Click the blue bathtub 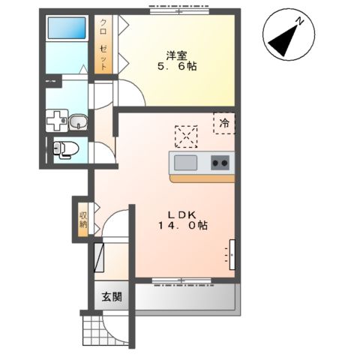[67, 28]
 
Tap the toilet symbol [66, 149]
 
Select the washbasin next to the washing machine [78, 121]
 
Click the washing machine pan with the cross [57, 121]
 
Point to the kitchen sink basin [185, 163]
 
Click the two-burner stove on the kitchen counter [220, 163]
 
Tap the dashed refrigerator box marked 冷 [224, 123]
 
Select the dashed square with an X [186, 136]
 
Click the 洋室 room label [177, 55]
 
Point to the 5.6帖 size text [177, 66]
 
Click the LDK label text [181, 214]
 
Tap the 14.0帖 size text [182, 226]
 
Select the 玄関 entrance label [112, 297]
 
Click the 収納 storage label [83, 220]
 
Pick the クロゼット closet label [103, 44]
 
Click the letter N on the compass [300, 21]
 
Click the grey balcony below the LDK [185, 297]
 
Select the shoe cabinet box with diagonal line [99, 257]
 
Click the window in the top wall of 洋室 [179, 11]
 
